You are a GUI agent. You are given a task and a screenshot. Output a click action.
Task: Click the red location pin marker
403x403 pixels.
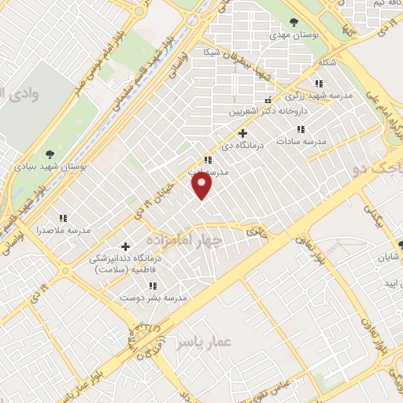click(x=202, y=186)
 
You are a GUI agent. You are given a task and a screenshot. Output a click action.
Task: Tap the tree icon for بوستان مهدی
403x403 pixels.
click(x=294, y=22)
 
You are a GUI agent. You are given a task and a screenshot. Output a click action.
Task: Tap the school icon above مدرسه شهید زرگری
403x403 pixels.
click(x=318, y=83)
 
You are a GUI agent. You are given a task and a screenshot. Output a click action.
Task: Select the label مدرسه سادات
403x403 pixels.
click(x=301, y=142)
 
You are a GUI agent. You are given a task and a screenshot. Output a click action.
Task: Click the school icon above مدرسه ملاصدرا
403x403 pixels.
click(x=63, y=217)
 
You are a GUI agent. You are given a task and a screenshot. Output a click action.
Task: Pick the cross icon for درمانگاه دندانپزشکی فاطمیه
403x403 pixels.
click(x=126, y=246)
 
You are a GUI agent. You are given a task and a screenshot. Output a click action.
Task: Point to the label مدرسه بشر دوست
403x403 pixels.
click(x=153, y=298)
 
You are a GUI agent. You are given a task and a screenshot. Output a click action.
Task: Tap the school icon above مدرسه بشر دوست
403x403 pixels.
click(x=153, y=286)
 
